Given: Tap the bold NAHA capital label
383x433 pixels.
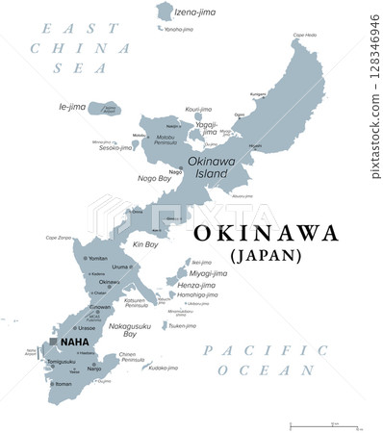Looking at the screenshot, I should pos(73,342).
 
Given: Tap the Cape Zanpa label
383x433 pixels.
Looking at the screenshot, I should pos(60,238).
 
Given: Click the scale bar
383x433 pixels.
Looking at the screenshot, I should pos(324,424).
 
